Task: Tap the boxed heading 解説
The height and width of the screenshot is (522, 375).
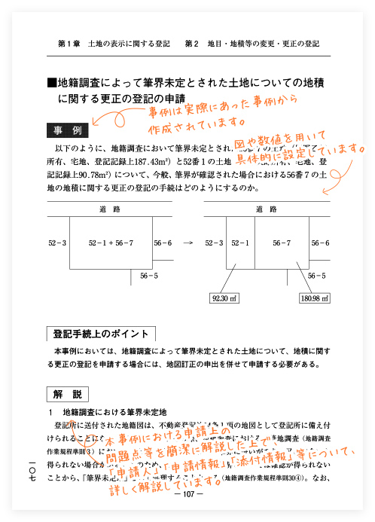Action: pos(66,393)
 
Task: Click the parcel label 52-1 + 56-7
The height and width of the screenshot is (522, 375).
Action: pos(111,243)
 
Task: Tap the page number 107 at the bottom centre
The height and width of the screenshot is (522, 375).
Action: pos(184,494)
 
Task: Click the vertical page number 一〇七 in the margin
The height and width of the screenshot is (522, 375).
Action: pos(31,472)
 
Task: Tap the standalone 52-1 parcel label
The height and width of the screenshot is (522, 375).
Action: pos(239,243)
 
